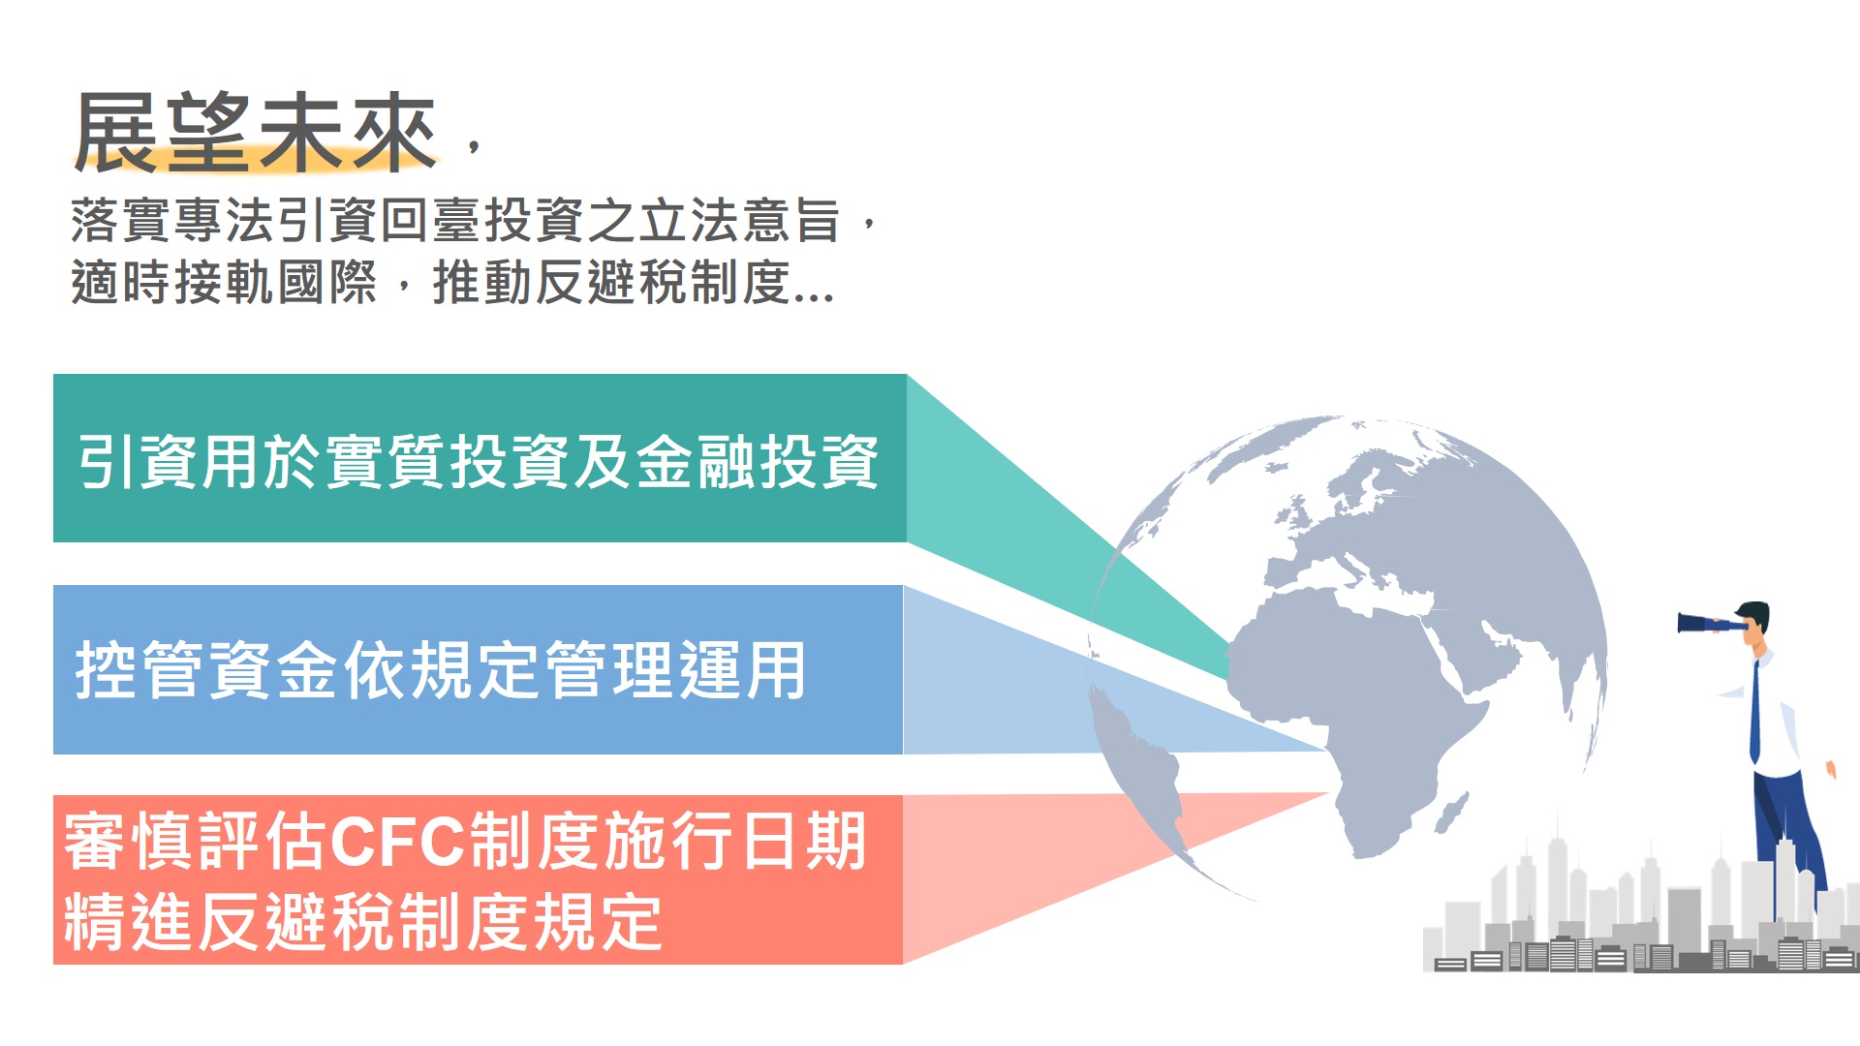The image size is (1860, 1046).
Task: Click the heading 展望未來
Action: click(255, 134)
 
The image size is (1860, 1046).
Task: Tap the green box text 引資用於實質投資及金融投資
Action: click(479, 461)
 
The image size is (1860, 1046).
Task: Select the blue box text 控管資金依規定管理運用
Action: click(441, 670)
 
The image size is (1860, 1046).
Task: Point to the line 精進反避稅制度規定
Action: click(363, 921)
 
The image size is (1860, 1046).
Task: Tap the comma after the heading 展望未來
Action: click(474, 146)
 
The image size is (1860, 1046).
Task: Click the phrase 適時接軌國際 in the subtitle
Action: click(224, 283)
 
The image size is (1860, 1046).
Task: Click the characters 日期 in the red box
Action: click(802, 842)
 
